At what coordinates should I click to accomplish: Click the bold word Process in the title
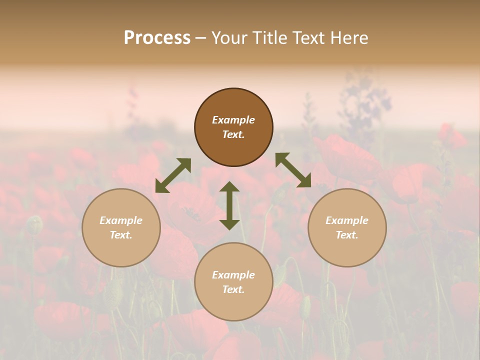[157, 38]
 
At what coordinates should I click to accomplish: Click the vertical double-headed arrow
[229, 205]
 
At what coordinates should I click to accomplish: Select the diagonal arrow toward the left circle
[173, 175]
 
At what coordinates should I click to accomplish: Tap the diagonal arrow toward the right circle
[293, 170]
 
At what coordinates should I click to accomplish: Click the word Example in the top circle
[233, 120]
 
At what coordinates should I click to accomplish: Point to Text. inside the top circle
[233, 134]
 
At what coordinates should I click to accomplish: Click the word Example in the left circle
[121, 220]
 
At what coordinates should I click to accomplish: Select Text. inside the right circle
[347, 235]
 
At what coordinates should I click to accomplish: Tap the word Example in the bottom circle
[233, 275]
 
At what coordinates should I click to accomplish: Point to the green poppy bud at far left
[34, 225]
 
